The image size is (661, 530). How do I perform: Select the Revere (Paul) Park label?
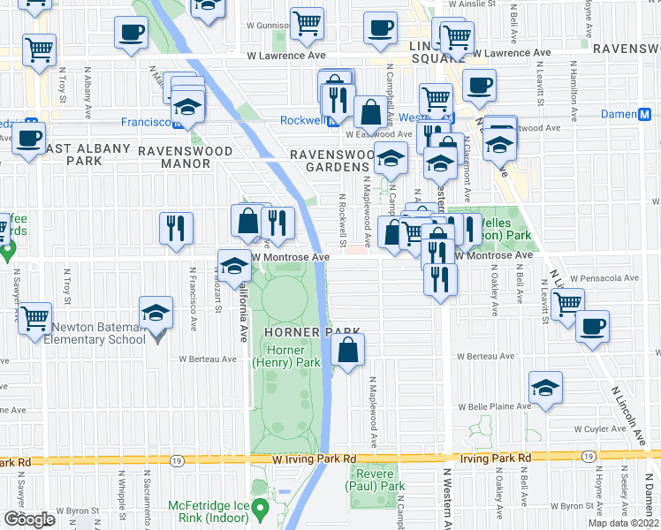pos(375,480)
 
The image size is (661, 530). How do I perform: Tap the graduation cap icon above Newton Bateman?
pos(156,313)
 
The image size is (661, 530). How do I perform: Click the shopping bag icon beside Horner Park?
pos(348,351)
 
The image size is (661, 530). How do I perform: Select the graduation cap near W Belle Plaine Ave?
pos(545,388)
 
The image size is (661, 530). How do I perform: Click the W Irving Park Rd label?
pos(314,459)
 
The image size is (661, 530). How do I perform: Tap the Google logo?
pos(28,519)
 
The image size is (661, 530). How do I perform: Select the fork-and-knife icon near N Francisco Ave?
pos(175,228)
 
